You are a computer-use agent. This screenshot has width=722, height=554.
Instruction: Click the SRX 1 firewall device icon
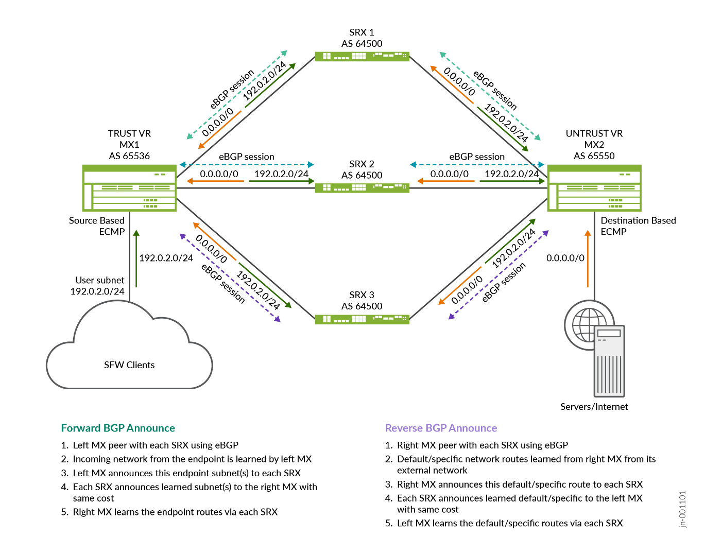(362, 56)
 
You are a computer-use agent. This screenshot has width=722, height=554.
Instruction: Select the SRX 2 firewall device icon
(362, 188)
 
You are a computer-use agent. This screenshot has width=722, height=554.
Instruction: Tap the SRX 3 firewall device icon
(362, 319)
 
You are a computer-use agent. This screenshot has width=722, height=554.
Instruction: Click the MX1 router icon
(129, 188)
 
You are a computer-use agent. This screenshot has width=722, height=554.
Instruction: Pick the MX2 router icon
(594, 188)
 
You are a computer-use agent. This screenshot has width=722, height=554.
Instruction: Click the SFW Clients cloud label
(129, 365)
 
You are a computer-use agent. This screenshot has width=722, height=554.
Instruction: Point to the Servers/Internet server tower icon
(609, 361)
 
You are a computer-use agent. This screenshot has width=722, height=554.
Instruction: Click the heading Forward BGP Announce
(118, 428)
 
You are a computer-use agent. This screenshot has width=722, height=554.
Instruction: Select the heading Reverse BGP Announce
(441, 428)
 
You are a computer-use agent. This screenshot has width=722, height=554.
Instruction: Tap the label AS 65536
(129, 156)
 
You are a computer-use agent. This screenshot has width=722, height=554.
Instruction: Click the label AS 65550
(594, 156)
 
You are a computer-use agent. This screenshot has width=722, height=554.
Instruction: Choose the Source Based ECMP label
(97, 226)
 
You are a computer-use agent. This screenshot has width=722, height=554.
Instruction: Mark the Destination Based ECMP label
(638, 226)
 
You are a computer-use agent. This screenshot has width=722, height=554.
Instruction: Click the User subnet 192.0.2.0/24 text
(98, 286)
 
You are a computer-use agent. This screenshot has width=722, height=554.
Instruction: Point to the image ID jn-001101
(682, 509)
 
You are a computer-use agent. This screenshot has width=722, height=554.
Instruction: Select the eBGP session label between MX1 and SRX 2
(246, 157)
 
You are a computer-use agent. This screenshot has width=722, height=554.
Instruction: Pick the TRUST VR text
(129, 133)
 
